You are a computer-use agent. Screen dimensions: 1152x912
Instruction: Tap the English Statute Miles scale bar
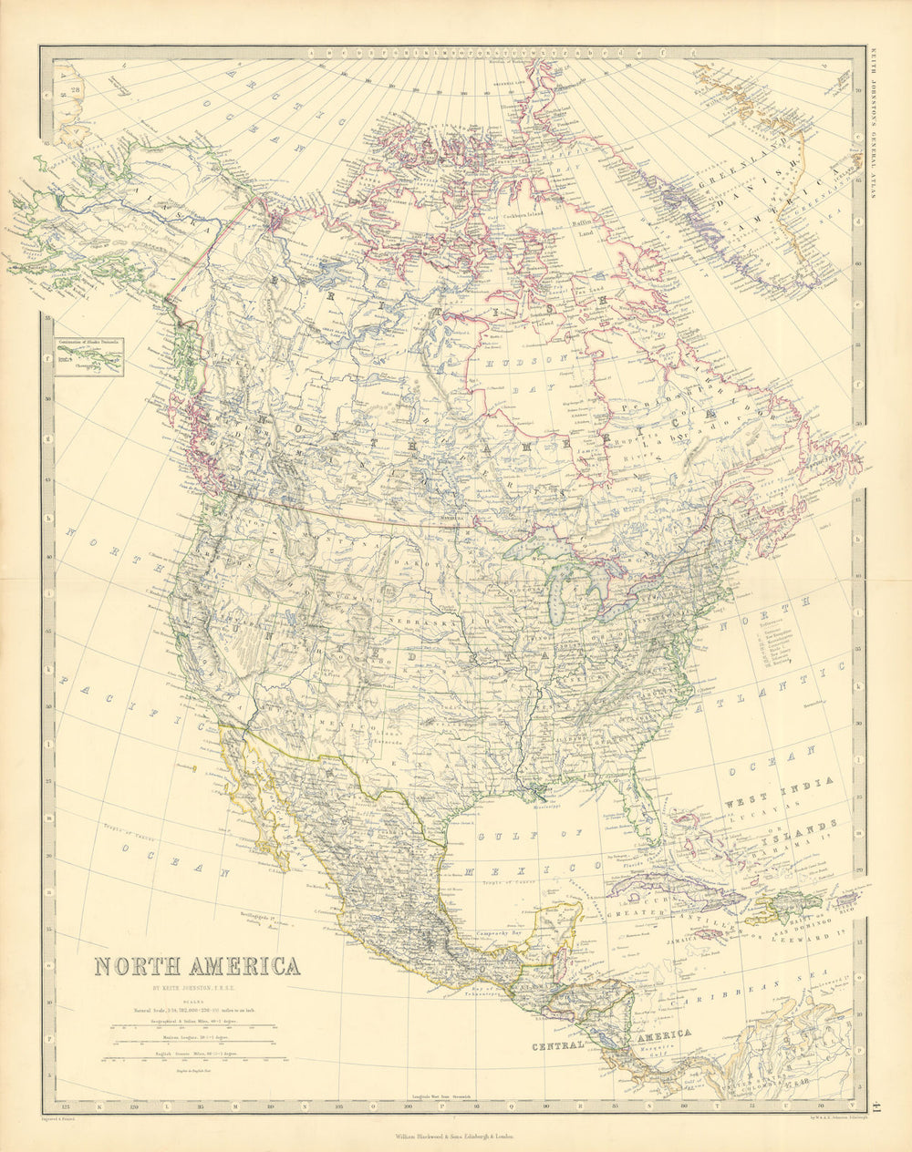[194, 1058]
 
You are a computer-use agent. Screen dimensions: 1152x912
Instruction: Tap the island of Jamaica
[708, 935]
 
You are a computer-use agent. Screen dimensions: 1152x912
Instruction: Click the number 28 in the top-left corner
[76, 88]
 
